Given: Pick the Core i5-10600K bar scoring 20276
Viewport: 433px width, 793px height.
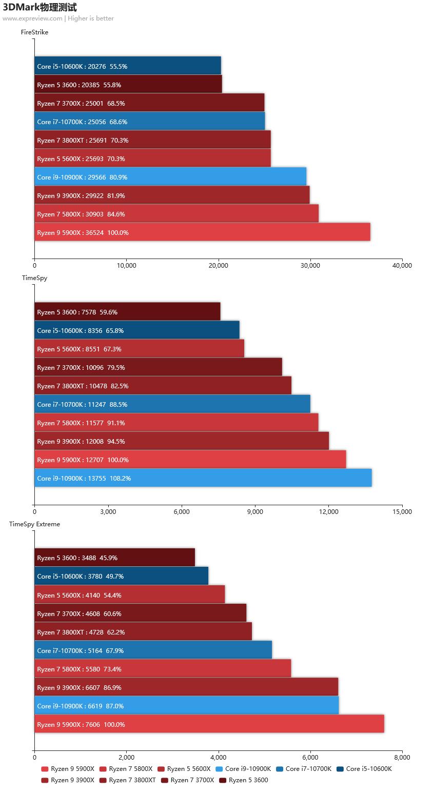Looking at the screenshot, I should click(128, 66).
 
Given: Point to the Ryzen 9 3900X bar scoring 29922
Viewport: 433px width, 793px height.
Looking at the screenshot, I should click(172, 195).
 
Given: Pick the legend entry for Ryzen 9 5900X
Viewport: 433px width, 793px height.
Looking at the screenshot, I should click(68, 768).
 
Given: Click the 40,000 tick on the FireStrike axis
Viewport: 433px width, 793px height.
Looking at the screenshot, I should click(402, 266).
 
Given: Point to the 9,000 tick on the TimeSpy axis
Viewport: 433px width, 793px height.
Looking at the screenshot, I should click(255, 511).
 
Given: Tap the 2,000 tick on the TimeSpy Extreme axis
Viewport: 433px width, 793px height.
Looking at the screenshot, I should click(126, 757).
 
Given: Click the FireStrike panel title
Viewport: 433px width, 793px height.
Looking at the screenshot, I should click(34, 32).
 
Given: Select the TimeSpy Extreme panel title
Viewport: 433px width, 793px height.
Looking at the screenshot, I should click(34, 524).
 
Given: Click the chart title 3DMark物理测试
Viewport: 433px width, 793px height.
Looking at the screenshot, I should click(40, 7).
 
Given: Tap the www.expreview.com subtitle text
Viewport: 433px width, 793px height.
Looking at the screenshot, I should click(32, 18).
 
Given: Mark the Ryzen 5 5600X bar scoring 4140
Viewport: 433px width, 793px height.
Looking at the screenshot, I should click(129, 595).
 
